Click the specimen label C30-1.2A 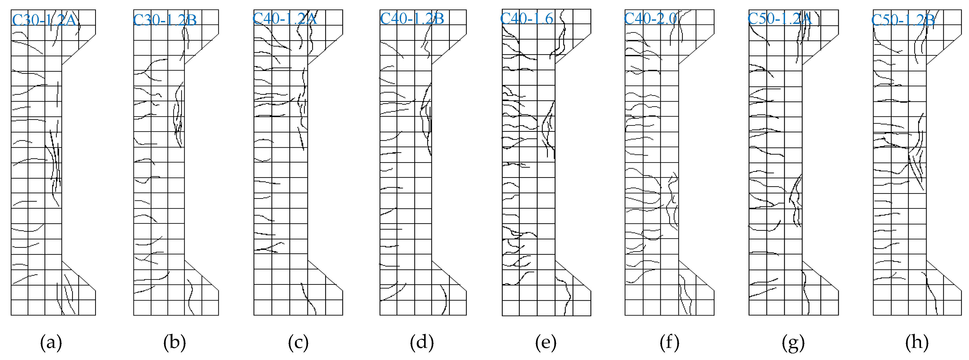point(44,20)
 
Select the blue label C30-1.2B point(165,20)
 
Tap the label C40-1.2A point(285,18)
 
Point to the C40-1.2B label point(412,18)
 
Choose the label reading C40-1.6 point(527,18)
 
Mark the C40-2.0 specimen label point(650,18)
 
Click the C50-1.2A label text point(779,18)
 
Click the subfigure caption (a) point(51,343)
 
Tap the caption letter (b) point(175,343)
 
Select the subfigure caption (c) point(298,343)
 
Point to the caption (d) point(422,343)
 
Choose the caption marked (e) point(546,343)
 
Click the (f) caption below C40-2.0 point(670,343)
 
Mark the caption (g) point(793,343)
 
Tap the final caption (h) point(917,343)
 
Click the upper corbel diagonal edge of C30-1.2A point(79,49)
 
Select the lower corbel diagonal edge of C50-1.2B point(944,275)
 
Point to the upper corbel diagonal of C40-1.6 point(573,49)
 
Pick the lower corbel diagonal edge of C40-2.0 point(696,275)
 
